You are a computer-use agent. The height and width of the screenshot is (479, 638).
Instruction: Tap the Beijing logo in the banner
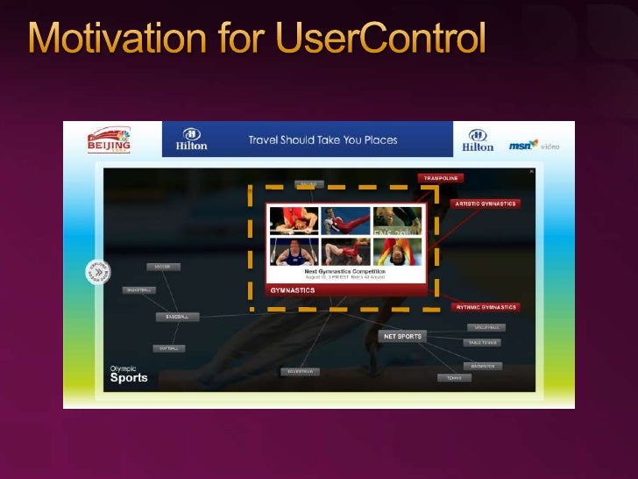[109, 139]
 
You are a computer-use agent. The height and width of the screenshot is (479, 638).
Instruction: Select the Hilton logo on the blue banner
[191, 139]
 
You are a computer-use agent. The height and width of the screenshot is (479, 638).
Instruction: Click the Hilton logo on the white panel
[478, 140]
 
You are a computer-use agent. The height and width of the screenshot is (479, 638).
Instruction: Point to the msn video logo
[534, 145]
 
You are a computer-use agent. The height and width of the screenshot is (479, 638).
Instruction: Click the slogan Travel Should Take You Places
[323, 139]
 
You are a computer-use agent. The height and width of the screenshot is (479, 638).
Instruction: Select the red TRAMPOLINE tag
[441, 177]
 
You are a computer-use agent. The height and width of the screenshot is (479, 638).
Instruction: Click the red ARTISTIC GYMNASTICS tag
[486, 204]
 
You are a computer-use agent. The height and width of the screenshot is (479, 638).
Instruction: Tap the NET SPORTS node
[402, 336]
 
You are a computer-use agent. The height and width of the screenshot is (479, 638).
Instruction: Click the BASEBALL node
[178, 316]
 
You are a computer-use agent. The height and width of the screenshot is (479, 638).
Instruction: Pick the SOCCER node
[162, 266]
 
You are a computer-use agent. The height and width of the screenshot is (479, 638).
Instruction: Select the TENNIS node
[454, 378]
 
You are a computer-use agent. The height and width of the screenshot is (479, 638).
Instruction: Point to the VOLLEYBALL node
[485, 327]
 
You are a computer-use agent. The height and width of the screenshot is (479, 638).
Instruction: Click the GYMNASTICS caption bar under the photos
[345, 290]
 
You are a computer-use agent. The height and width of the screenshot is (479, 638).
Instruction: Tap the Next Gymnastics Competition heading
[345, 271]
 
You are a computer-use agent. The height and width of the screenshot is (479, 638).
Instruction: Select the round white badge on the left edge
[98, 272]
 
